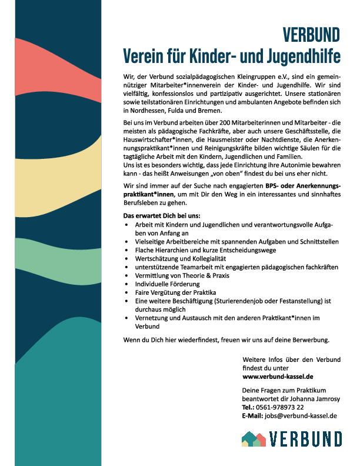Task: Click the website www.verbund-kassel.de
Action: (x=277, y=376)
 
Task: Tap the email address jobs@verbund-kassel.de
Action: (x=301, y=415)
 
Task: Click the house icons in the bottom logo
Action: (x=254, y=438)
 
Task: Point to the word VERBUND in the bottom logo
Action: (x=305, y=439)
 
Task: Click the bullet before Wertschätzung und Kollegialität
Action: (x=128, y=258)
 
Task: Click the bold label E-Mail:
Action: (x=252, y=415)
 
